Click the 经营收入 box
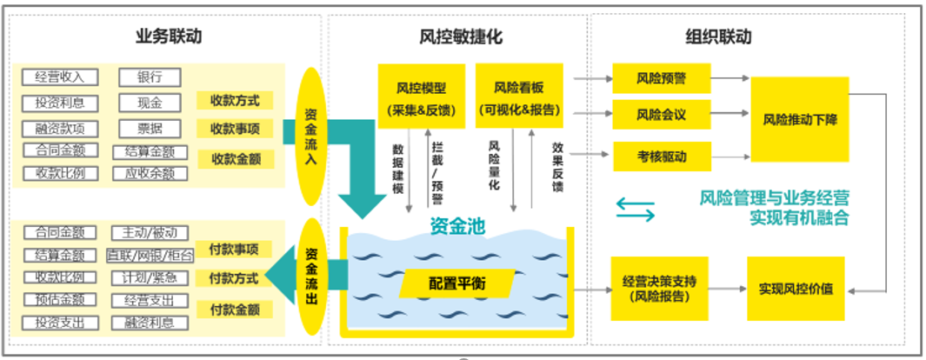60,77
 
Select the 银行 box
150,77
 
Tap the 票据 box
150,129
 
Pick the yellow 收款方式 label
235,101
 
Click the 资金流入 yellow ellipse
310,130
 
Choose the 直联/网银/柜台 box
150,256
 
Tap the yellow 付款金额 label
235,310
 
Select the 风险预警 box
662,78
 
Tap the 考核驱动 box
662,157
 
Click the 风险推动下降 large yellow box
799,118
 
